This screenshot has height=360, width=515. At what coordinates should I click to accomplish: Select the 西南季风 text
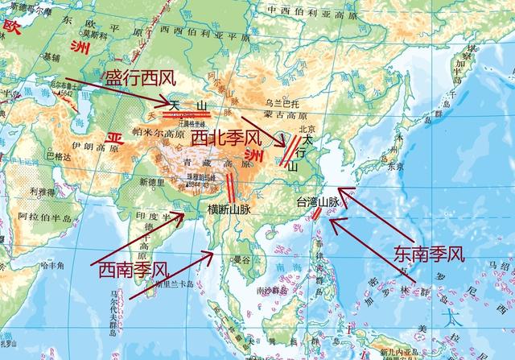[x=133, y=267]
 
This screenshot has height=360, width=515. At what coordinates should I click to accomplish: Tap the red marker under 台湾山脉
[x=317, y=213]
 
